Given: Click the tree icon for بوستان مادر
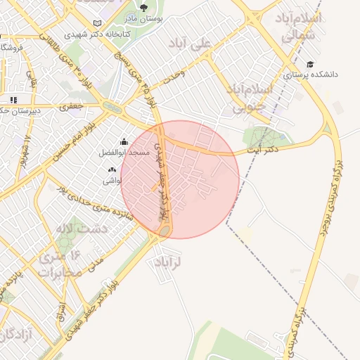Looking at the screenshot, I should tap(143, 8).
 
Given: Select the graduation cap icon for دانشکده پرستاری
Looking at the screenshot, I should tap(310, 65).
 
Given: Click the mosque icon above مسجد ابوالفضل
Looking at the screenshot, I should tap(124, 141).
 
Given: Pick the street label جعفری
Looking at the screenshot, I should tap(71, 107).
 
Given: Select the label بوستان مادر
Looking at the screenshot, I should tap(143, 19).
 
